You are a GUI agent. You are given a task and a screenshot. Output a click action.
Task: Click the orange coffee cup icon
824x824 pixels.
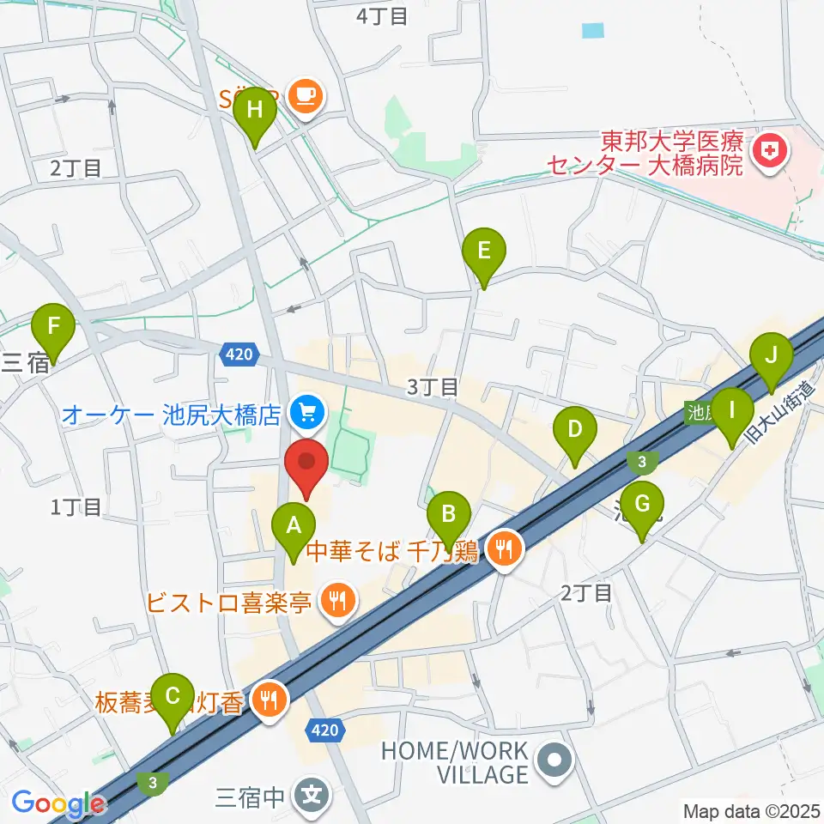click(305, 94)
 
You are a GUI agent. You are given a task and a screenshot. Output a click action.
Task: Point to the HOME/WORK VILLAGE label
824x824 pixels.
click(455, 762)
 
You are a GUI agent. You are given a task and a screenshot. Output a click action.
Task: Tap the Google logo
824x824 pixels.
click(58, 804)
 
